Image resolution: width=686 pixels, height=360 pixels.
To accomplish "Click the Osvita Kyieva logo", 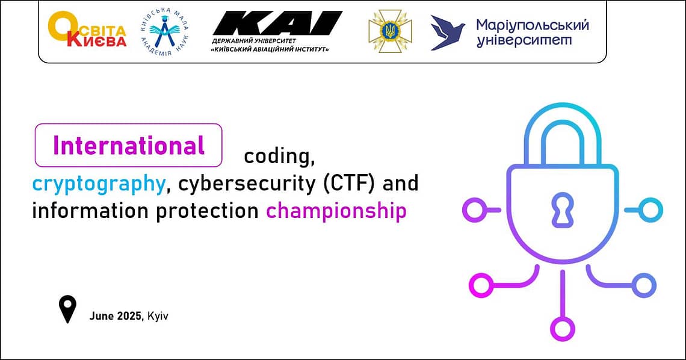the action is (x=87, y=29).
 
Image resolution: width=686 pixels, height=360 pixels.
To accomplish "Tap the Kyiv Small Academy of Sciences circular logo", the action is (x=164, y=33).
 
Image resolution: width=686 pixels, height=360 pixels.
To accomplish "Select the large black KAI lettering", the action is (x=277, y=23).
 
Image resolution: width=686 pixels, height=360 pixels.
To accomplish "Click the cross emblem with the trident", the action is (x=390, y=31).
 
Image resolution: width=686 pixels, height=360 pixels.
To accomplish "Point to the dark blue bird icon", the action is (x=448, y=33).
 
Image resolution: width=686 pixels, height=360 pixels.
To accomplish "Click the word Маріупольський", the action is (x=533, y=26).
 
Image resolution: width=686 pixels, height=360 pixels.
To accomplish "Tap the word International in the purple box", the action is (x=129, y=146).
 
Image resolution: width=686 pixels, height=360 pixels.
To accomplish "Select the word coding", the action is (x=279, y=156).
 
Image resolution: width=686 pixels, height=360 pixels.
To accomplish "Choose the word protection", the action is (x=208, y=211).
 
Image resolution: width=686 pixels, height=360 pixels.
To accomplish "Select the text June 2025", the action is (x=116, y=316).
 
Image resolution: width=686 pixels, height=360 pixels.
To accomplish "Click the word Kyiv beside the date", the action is (x=158, y=316).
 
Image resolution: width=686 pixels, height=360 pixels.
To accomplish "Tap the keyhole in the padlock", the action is (x=563, y=209).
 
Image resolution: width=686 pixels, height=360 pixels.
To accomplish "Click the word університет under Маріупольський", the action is (x=524, y=41).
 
